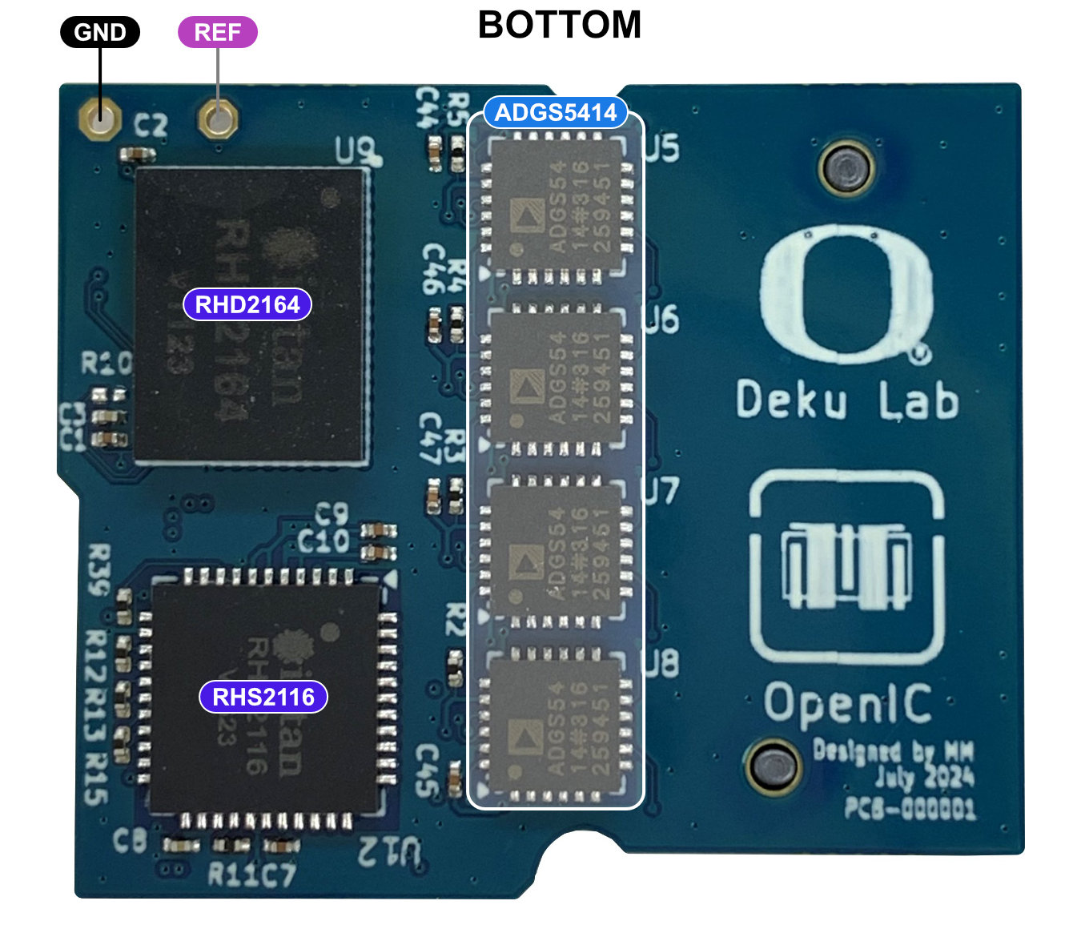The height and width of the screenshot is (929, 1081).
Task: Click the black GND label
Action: (100, 33)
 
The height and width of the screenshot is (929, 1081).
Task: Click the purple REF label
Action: (217, 33)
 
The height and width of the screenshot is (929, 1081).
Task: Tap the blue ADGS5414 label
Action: (555, 113)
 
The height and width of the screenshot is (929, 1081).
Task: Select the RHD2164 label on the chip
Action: (247, 304)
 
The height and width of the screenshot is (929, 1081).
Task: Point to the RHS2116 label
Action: (263, 697)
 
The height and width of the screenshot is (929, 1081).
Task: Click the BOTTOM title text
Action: (560, 25)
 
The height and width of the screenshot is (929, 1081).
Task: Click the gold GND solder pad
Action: (100, 119)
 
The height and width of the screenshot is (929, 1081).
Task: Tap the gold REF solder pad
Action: (217, 119)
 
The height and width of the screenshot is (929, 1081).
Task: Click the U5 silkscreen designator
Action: (661, 148)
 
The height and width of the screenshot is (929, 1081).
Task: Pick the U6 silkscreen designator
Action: (661, 320)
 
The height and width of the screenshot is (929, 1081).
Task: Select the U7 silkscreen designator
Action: (661, 491)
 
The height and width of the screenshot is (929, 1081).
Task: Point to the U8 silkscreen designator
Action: (661, 663)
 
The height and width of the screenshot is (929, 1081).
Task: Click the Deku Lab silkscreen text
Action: (846, 400)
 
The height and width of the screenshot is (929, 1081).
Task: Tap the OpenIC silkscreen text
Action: (847, 704)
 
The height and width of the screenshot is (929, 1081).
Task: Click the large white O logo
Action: (846, 294)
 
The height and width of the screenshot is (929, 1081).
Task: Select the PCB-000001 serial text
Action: (910, 808)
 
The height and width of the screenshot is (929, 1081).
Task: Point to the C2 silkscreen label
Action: (151, 126)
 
